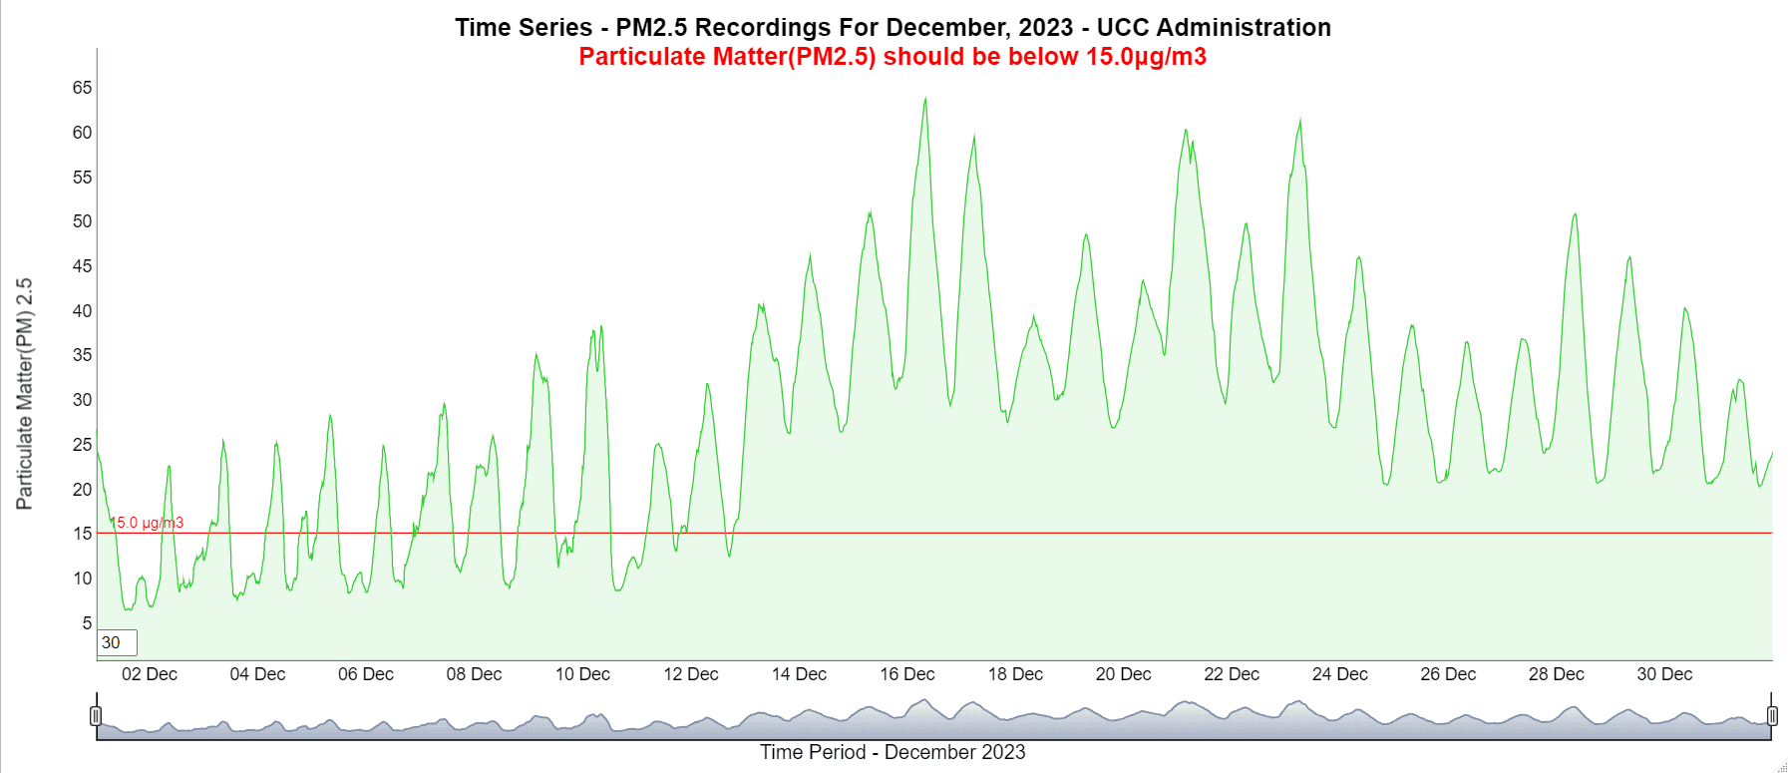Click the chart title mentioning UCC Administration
click(x=893, y=27)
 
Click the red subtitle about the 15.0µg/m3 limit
click(x=893, y=57)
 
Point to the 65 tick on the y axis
click(x=82, y=88)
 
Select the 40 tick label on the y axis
click(x=82, y=311)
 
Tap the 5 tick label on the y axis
click(x=87, y=623)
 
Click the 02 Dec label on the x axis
click(x=150, y=674)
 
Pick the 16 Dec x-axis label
click(x=907, y=674)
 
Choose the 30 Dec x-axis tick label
click(x=1664, y=674)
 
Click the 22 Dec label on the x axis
click(x=1232, y=674)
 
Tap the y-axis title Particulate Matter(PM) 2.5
click(x=24, y=394)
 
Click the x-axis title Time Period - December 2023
click(x=893, y=752)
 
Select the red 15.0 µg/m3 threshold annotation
click(x=148, y=523)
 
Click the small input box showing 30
click(x=117, y=642)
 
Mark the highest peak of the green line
click(x=925, y=98)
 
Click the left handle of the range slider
click(x=96, y=715)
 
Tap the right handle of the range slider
click(x=1772, y=715)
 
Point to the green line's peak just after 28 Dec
click(x=1575, y=214)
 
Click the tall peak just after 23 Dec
click(x=1300, y=121)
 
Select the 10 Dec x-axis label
click(x=582, y=674)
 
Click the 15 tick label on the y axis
click(x=82, y=534)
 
